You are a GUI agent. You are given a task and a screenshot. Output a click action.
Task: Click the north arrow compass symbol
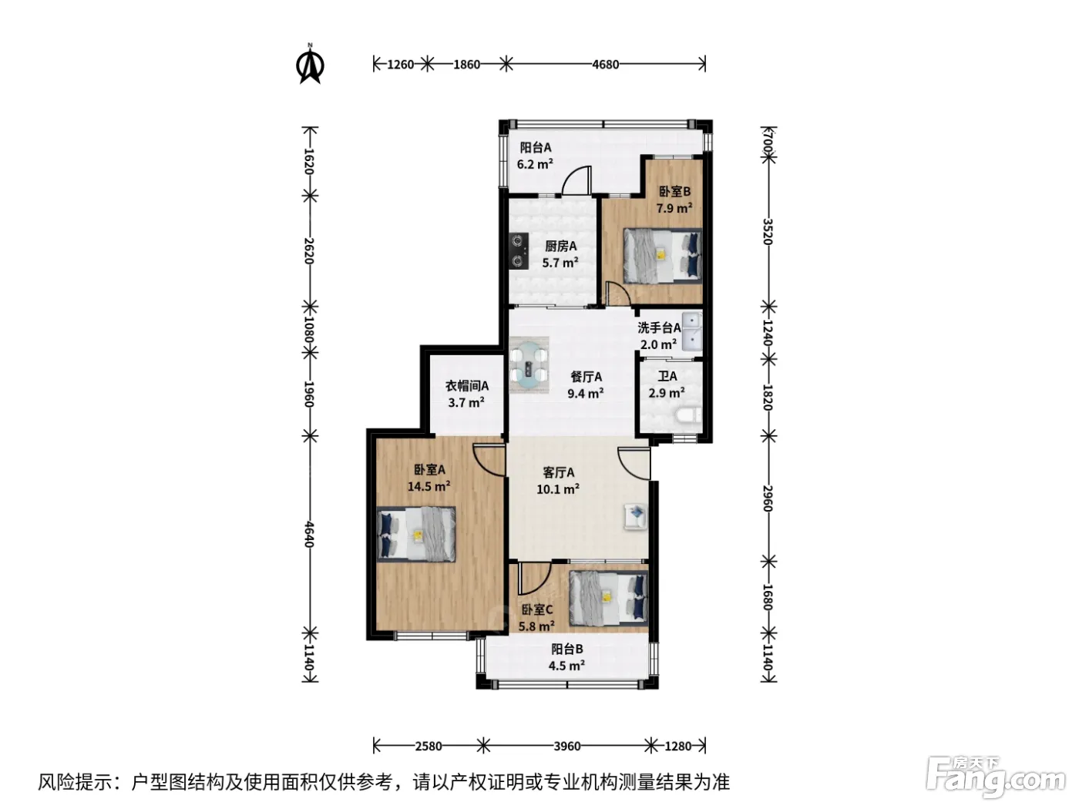(310, 64)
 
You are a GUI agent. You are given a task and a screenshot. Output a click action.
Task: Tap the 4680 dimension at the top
(605, 65)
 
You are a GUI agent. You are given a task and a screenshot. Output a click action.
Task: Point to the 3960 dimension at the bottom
(566, 746)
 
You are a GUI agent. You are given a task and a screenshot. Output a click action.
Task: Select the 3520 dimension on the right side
(768, 231)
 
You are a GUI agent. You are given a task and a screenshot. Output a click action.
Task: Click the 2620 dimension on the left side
(309, 250)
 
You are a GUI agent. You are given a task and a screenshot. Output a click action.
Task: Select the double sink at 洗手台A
(692, 331)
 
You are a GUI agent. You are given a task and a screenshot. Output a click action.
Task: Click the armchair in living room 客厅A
(636, 517)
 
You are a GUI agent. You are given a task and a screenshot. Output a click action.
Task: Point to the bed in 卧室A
(416, 534)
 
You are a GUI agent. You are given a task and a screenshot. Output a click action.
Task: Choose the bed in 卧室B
(663, 256)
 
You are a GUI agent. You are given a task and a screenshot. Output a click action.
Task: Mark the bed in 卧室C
(609, 598)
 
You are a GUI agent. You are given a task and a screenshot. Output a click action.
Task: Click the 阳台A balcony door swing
(576, 180)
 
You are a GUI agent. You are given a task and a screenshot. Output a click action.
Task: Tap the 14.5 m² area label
(429, 486)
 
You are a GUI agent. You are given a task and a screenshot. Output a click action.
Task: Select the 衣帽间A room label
(466, 386)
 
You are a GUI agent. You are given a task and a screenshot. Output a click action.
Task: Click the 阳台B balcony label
(566, 649)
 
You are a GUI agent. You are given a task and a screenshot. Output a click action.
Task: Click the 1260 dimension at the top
(400, 65)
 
